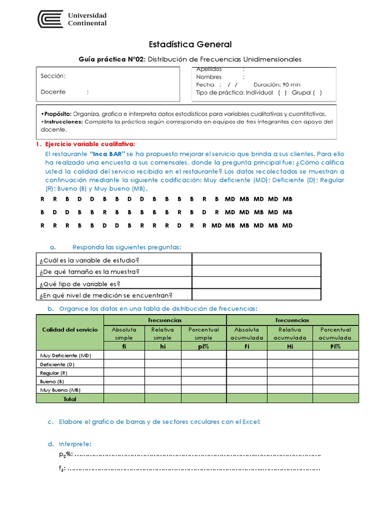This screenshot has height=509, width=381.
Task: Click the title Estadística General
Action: pos(190,45)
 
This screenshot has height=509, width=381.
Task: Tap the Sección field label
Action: pos(53,76)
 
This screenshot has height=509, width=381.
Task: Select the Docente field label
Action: pos(53,92)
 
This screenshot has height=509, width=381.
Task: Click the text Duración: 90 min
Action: pos(277,85)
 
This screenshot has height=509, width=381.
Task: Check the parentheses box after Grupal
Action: pos(317,92)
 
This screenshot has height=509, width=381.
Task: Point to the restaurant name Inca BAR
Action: pos(109,154)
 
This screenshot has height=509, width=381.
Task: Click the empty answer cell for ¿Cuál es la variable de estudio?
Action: pos(256,259)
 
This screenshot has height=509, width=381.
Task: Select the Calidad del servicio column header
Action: pos(70,330)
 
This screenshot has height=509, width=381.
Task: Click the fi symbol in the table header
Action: pos(124,346)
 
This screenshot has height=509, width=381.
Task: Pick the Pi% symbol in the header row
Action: pos(335,346)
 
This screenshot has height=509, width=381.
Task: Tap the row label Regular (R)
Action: pos(54,373)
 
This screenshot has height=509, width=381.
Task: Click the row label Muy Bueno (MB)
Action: pos(61,390)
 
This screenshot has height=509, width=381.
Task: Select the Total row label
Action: pos(70,399)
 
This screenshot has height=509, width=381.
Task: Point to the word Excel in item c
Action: pos(252,422)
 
